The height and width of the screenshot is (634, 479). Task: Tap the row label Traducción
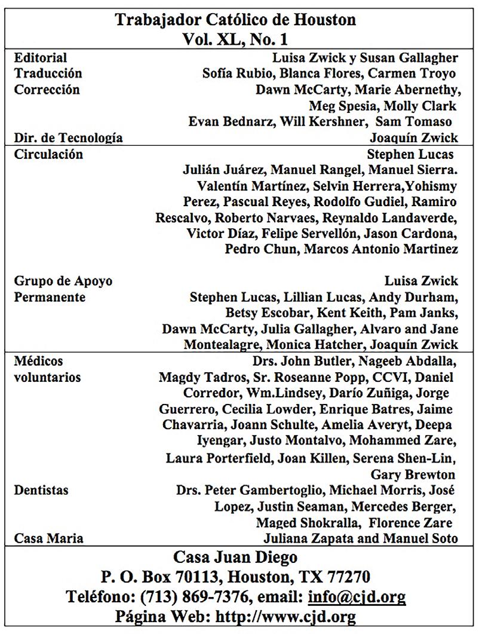point(48,73)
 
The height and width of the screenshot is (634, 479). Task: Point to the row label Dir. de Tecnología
point(68,138)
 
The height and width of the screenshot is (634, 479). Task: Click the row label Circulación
point(48,155)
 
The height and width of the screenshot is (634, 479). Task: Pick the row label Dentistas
point(41,490)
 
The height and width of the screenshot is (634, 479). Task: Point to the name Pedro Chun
point(260,249)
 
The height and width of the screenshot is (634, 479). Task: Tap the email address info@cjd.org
point(357,596)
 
